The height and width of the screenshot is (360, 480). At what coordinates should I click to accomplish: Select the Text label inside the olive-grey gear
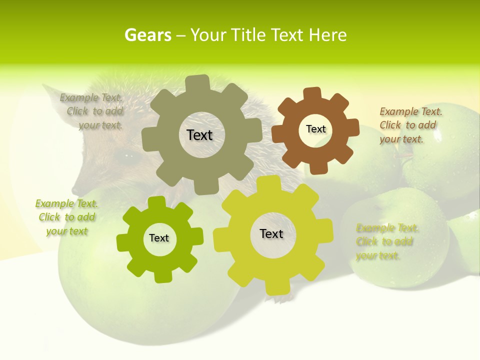pyautogui.click(x=199, y=135)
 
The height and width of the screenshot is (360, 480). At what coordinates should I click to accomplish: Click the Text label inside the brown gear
pyautogui.click(x=315, y=129)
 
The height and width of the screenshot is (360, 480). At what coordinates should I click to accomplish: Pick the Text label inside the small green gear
pyautogui.click(x=159, y=238)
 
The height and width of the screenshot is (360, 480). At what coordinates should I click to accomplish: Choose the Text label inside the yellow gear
pyautogui.click(x=271, y=233)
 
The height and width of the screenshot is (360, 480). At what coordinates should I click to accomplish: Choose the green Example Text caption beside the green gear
pyautogui.click(x=66, y=217)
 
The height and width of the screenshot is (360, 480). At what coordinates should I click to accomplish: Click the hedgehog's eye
pyautogui.click(x=123, y=155)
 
